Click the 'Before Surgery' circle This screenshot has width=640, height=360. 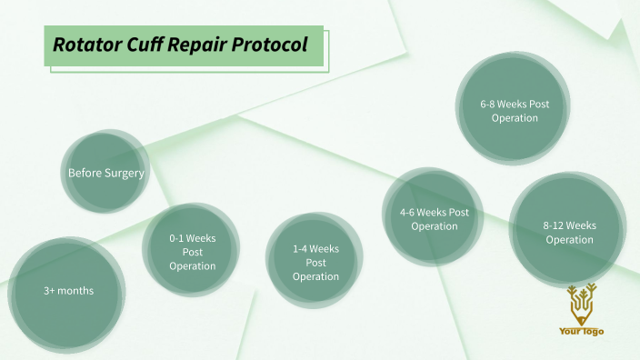[105, 172]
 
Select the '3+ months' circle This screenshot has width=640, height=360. [69, 291]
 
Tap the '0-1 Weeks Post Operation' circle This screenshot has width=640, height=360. [192, 252]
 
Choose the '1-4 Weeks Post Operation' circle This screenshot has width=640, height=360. [315, 262]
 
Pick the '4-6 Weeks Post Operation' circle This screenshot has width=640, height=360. [434, 218]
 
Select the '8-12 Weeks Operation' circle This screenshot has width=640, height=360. [569, 232]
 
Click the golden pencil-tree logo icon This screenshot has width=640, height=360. [579, 304]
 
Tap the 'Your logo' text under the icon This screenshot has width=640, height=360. [581, 332]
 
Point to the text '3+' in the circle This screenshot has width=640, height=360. [50, 291]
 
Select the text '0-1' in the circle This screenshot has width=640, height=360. [178, 238]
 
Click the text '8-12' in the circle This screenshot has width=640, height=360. [556, 225]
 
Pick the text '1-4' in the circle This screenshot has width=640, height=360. [302, 248]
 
